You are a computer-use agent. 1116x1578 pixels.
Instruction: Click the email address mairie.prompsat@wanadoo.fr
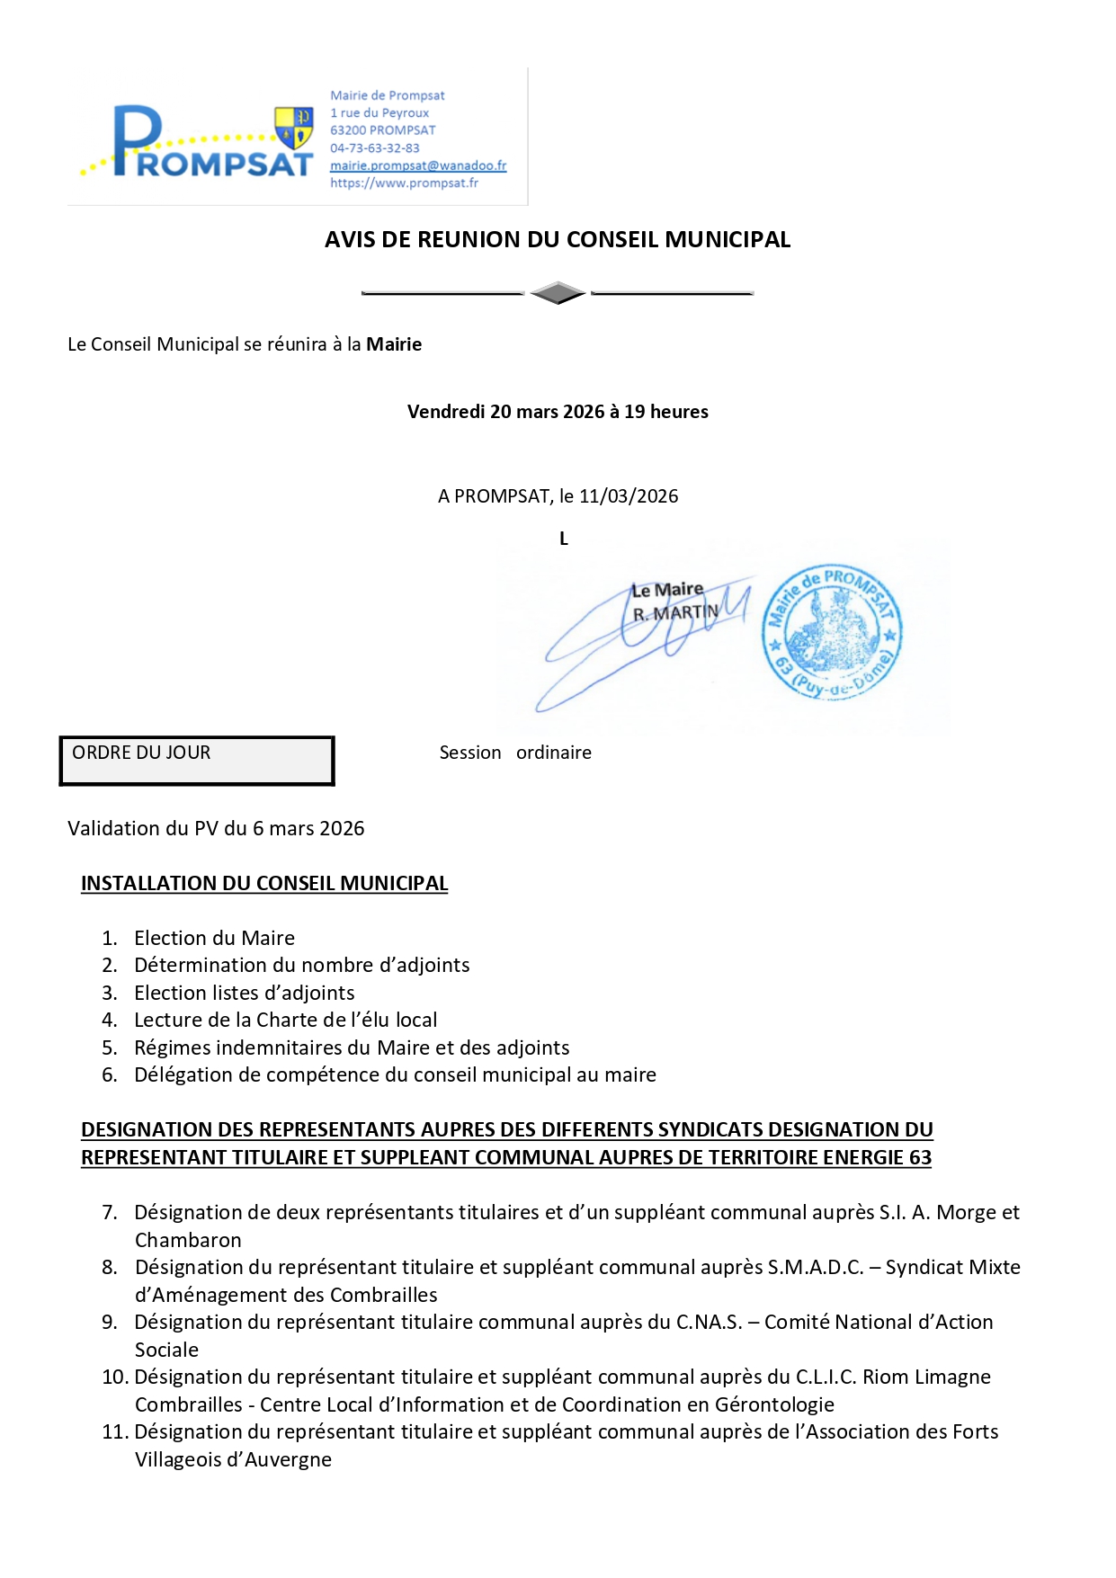418,165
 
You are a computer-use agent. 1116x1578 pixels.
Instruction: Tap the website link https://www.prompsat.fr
404,183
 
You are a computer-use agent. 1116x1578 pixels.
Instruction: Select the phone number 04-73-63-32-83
374,147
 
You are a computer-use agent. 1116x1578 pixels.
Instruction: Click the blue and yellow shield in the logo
293,128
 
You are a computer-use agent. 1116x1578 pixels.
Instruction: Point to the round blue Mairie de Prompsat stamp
832,632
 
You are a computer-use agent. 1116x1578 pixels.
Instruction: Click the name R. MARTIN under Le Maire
675,613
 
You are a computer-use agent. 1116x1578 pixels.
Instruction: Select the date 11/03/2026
629,496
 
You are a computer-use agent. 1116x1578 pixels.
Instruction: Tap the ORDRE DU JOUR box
197,761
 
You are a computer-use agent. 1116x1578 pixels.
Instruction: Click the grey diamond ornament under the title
558,293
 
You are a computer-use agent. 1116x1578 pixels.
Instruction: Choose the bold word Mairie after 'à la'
394,344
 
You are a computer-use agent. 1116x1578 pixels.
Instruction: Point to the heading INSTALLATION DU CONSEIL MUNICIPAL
264,883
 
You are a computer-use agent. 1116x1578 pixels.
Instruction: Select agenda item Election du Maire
214,938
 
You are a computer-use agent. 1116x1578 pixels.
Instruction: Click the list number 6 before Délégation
110,1074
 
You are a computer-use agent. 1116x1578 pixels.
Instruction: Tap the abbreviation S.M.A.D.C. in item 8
815,1267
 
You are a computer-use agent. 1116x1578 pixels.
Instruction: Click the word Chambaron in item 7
188,1240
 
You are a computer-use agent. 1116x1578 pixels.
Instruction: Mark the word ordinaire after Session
554,753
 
